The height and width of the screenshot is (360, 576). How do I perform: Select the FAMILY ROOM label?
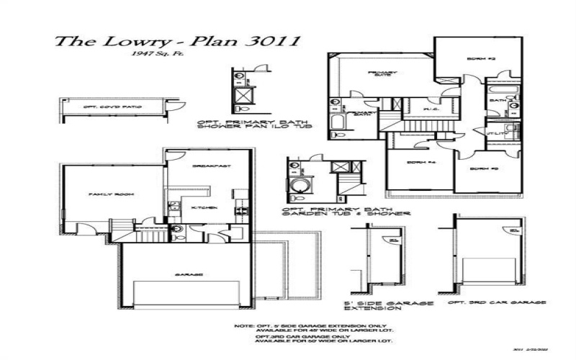[x=106, y=194]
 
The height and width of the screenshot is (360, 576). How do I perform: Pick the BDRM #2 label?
[x=475, y=58]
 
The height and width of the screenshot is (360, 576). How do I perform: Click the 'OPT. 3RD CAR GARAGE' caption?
[x=496, y=302]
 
